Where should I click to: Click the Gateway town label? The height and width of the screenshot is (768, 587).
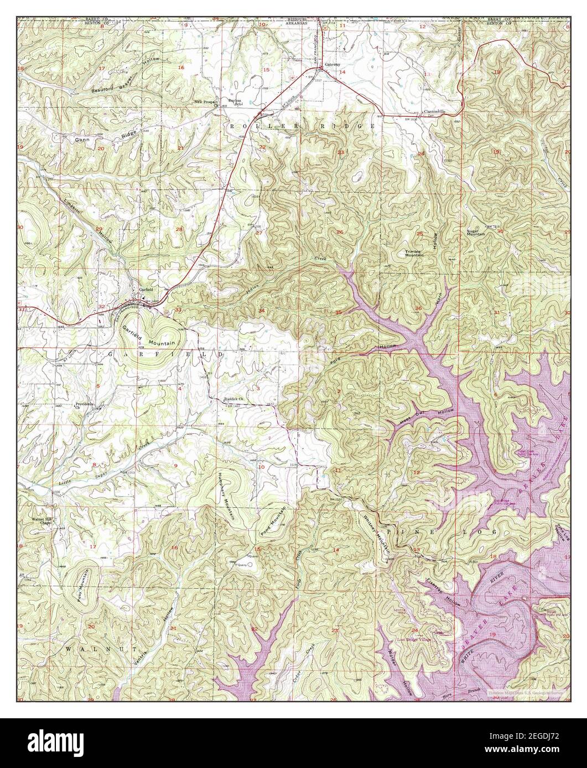tap(332, 64)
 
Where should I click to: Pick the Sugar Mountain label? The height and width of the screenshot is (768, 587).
tap(476, 232)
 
